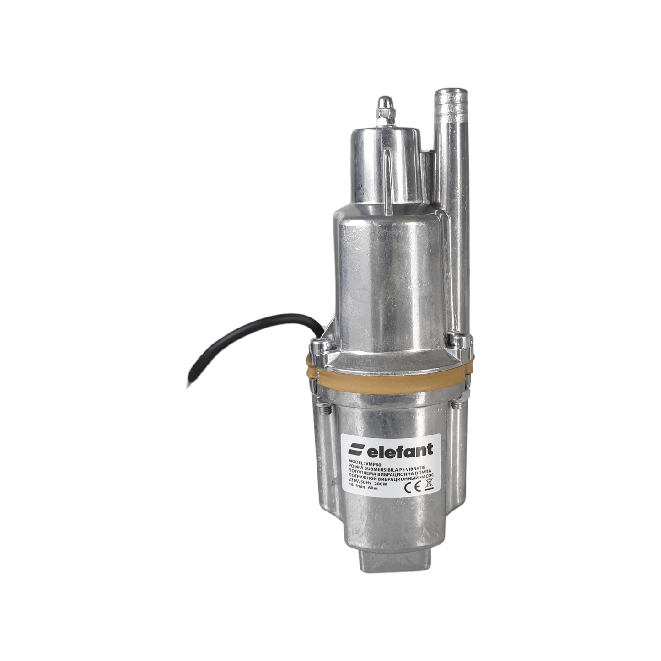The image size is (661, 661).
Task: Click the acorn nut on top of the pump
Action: point(385,107)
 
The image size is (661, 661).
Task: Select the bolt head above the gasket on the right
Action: point(459,339)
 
